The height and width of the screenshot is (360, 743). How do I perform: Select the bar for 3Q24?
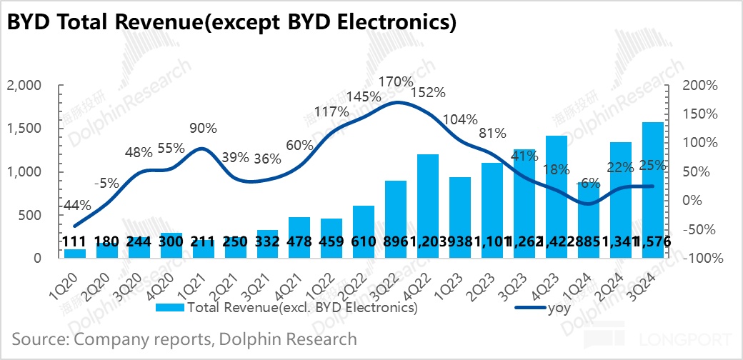pyautogui.click(x=653, y=190)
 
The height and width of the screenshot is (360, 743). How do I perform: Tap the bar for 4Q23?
pyautogui.click(x=557, y=196)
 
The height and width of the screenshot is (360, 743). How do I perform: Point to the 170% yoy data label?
pyautogui.click(x=397, y=82)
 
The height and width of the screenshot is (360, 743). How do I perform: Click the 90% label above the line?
pyautogui.click(x=204, y=129)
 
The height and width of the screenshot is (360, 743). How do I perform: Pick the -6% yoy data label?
pyautogui.click(x=588, y=184)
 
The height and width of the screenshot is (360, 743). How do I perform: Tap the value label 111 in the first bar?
pyautogui.click(x=74, y=242)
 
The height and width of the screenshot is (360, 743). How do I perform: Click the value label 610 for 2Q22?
pyautogui.click(x=364, y=242)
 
